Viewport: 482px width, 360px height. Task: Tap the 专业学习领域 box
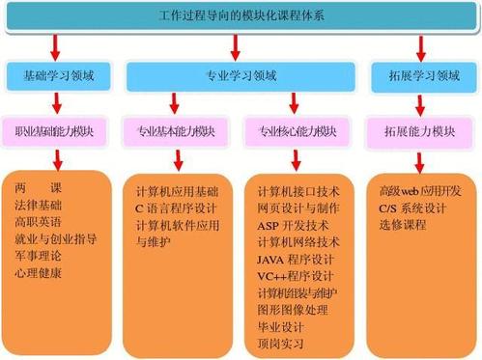tap(241, 74)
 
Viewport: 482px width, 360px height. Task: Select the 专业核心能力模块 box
tap(298, 130)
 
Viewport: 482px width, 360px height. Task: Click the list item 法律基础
tap(39, 205)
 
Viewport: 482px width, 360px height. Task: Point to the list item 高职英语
tap(39, 222)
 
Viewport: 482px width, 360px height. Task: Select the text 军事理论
tap(39, 257)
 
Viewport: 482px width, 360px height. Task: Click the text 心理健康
tap(39, 274)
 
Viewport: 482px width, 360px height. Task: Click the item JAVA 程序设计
tap(296, 260)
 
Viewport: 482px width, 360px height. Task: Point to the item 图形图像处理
tap(293, 310)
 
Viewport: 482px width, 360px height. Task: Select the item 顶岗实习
tap(280, 345)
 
